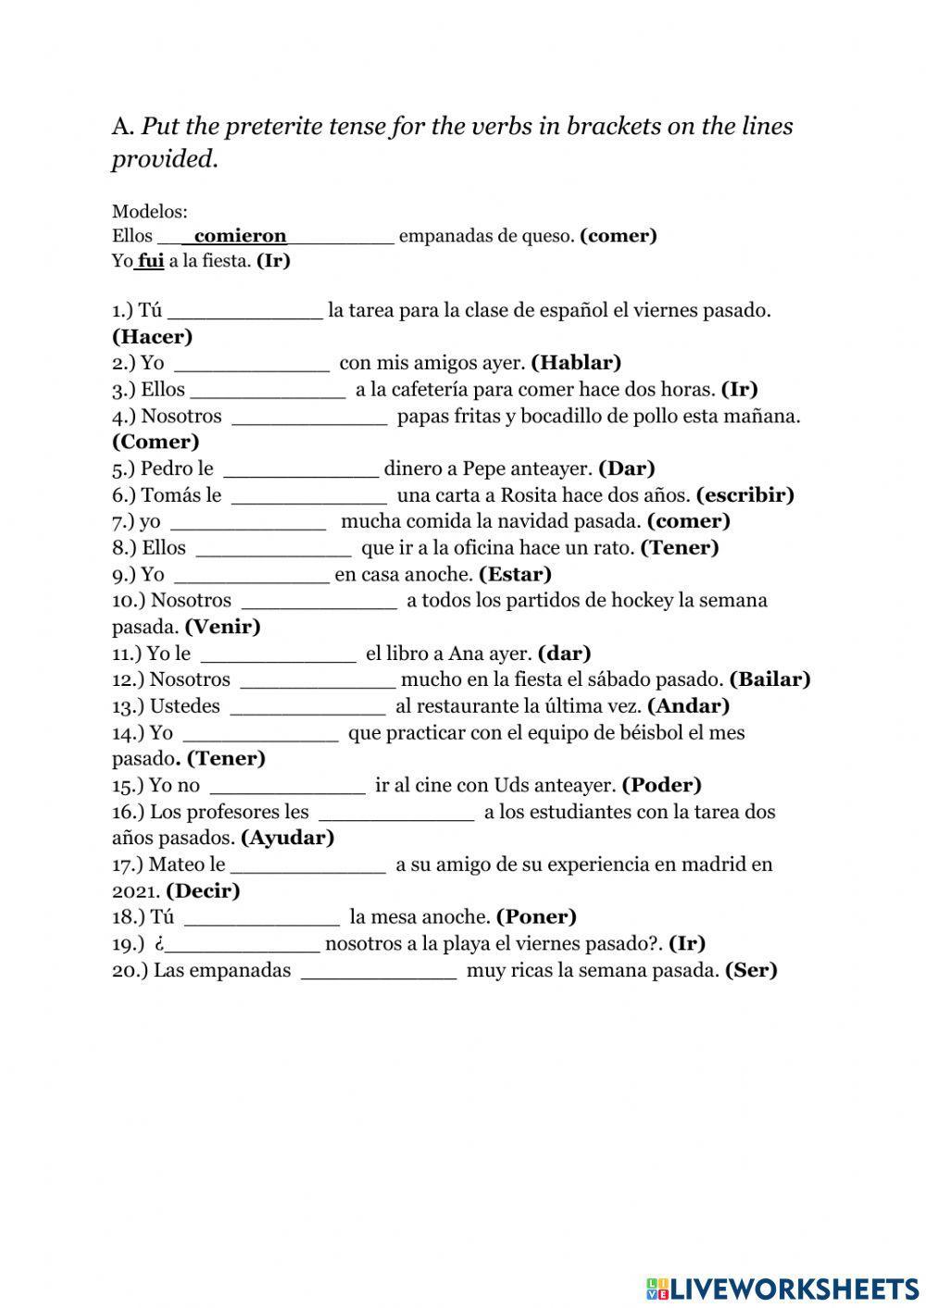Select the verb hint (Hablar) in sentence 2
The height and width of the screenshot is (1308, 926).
(x=576, y=363)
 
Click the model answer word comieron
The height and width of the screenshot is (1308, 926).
(x=240, y=236)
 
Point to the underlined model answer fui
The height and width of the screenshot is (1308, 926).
(x=151, y=261)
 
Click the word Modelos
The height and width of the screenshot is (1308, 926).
(x=149, y=212)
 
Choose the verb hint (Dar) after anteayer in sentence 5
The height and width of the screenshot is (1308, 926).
(x=627, y=468)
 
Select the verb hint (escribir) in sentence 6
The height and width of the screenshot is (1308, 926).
(x=745, y=495)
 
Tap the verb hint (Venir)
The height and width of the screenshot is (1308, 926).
(x=222, y=627)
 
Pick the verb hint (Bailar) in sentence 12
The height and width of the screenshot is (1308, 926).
(x=770, y=679)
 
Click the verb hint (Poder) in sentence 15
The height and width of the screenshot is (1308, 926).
(x=661, y=786)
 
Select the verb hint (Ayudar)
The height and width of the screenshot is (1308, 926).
(x=287, y=838)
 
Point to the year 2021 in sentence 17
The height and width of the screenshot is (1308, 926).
(x=136, y=891)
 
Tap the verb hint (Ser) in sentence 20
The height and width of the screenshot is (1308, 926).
(x=751, y=970)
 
